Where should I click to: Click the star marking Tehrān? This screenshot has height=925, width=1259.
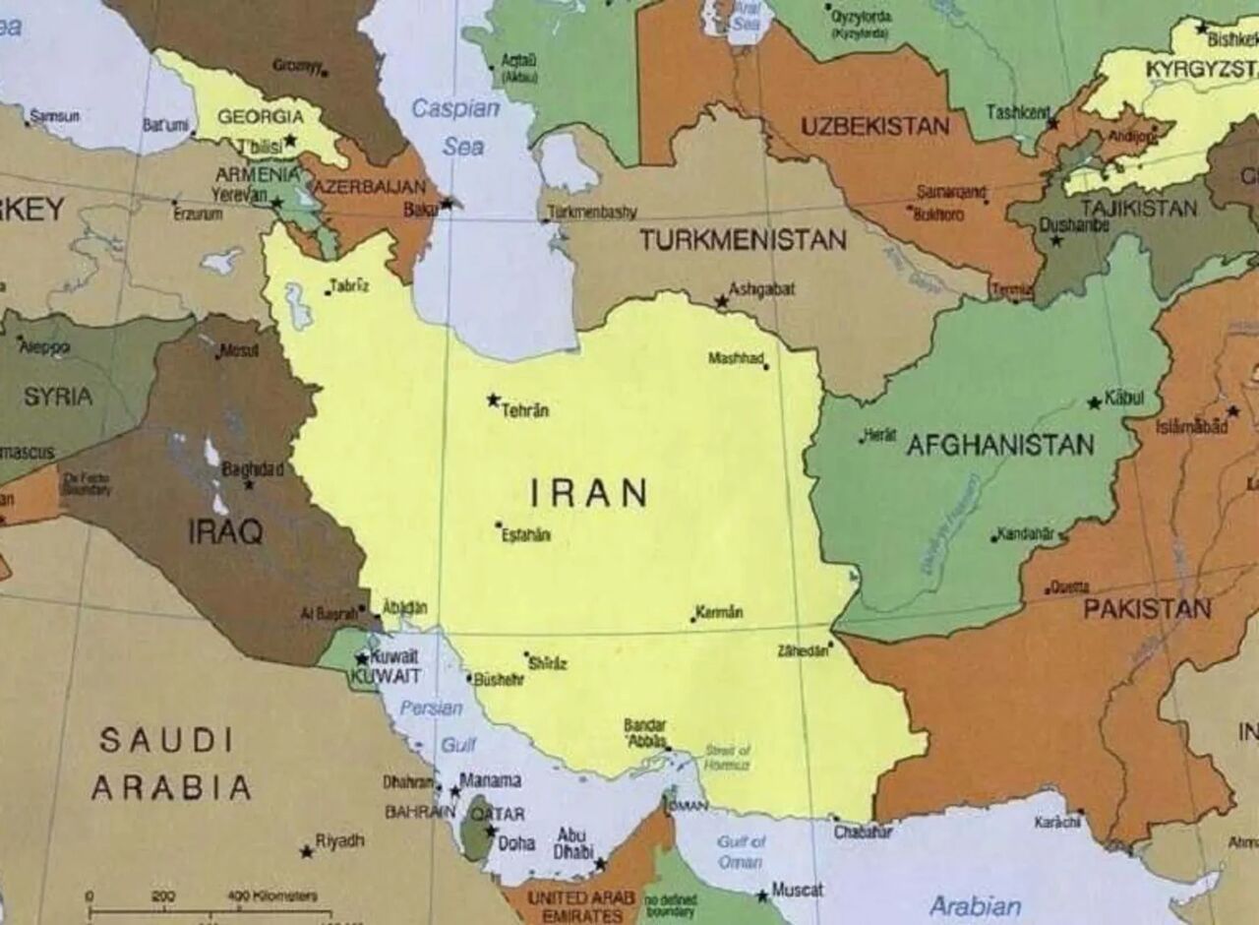pos(493,400)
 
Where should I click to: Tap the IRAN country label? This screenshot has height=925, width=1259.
pos(589,492)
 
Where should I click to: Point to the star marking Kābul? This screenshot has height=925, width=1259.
pos(1094,402)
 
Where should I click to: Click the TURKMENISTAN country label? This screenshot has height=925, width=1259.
pos(743,239)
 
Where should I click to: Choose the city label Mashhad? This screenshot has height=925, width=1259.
pos(736,358)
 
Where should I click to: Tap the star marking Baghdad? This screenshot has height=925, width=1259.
pos(249,484)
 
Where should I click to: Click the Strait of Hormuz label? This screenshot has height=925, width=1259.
pos(728,757)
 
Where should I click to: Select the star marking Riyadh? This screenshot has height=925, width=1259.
pos(307,851)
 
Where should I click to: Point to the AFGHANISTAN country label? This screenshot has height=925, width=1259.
pos(999,445)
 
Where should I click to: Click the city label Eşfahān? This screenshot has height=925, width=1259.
pos(526,535)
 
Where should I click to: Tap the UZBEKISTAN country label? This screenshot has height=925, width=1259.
pos(874,126)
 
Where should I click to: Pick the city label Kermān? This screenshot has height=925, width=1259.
pos(719,612)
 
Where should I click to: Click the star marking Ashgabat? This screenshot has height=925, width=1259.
pos(721,301)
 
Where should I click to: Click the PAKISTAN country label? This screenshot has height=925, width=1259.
pos(1147,608)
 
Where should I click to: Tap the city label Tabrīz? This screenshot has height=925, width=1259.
pos(350,285)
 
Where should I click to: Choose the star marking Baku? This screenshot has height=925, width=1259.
pos(447,203)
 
